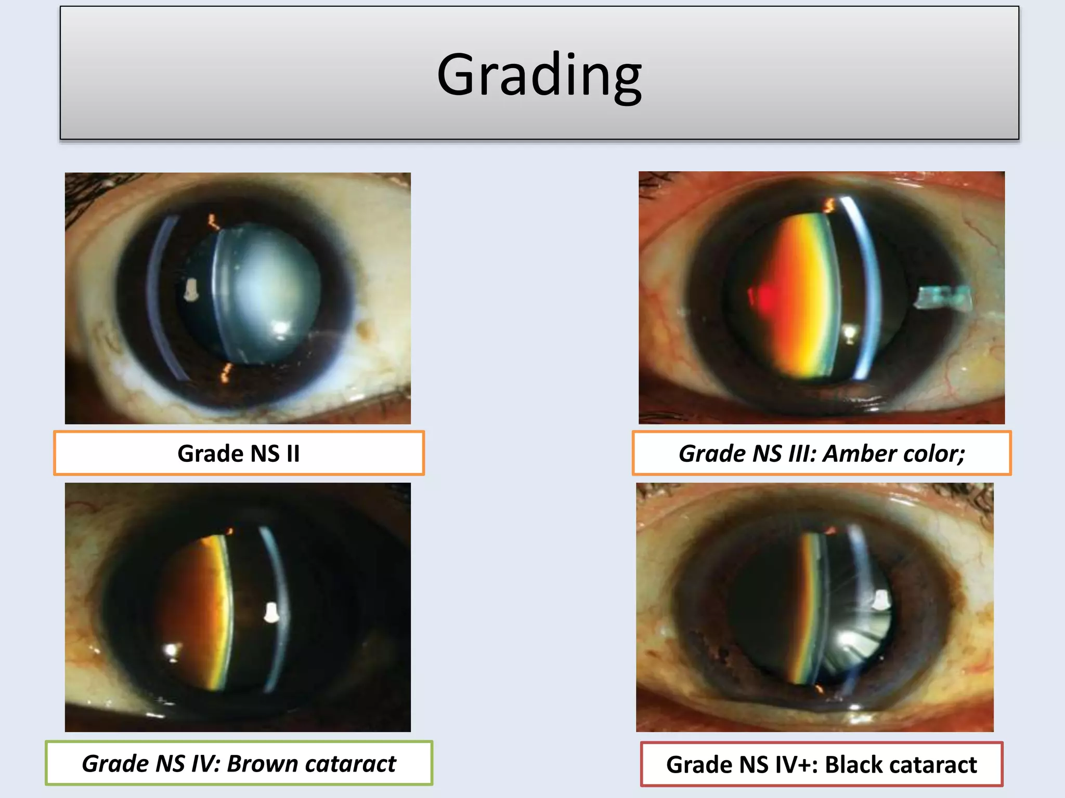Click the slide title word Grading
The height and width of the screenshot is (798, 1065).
click(x=539, y=75)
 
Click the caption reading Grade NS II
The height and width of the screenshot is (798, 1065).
click(x=239, y=454)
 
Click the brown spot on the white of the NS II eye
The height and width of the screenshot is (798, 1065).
click(x=366, y=327)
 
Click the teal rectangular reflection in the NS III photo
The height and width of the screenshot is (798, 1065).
click(x=942, y=298)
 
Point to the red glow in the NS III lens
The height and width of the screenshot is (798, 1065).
click(x=762, y=298)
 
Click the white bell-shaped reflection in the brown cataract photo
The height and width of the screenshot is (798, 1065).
click(x=271, y=613)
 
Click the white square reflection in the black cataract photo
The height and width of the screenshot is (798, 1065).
click(x=880, y=600)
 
